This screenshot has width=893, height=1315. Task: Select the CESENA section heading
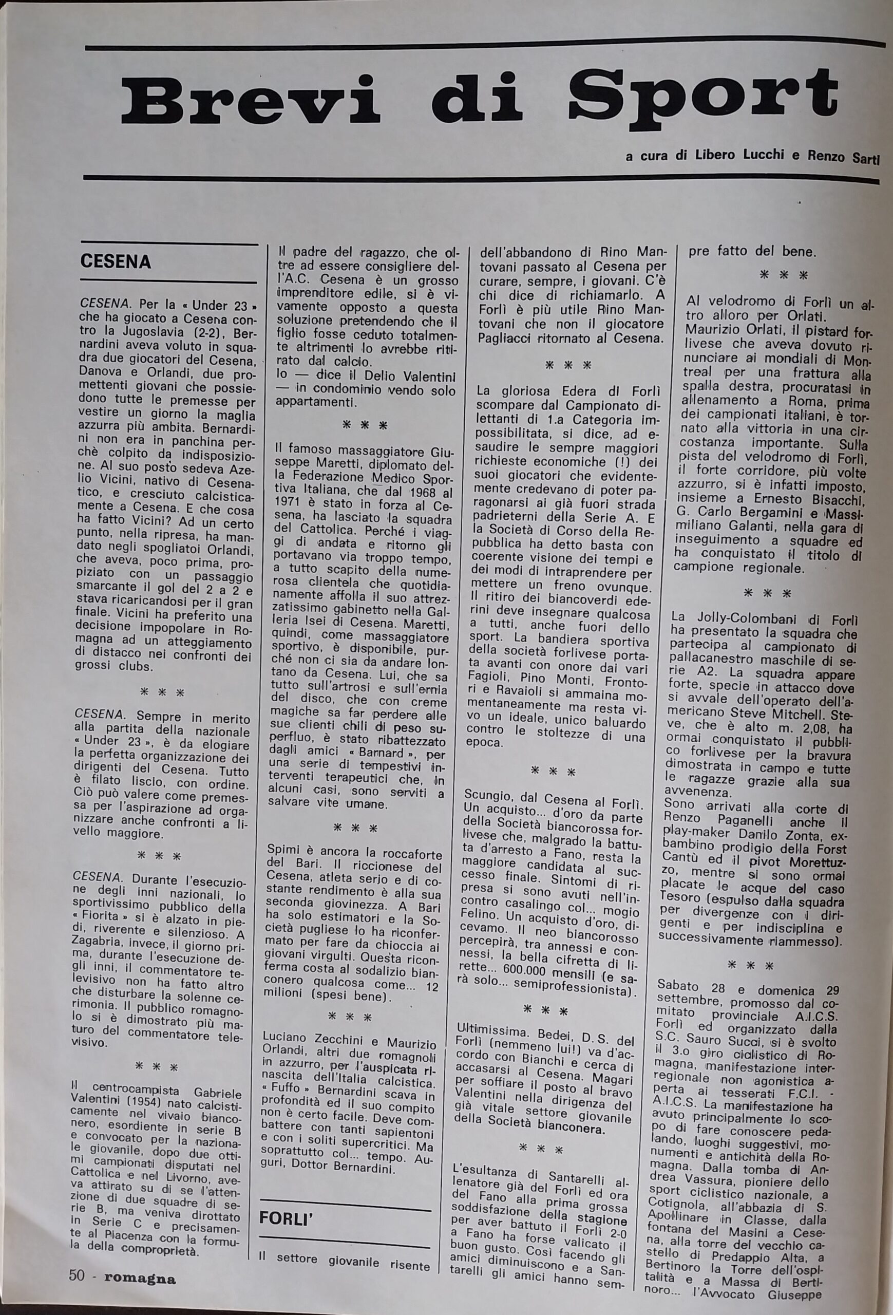[x=116, y=261]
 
